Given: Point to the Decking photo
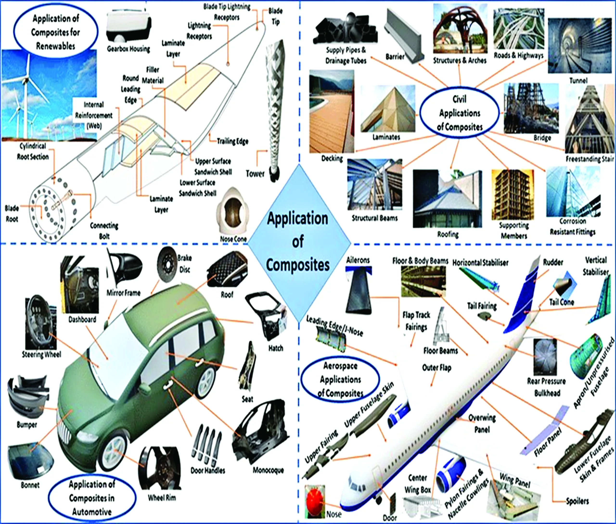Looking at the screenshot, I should [x=332, y=111].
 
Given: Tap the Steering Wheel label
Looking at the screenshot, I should [x=42, y=354].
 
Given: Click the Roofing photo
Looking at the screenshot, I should [x=447, y=198].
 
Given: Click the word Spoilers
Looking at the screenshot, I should [x=577, y=501].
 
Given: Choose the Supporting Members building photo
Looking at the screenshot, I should [x=513, y=194].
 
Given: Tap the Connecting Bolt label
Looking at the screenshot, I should [x=104, y=231].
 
